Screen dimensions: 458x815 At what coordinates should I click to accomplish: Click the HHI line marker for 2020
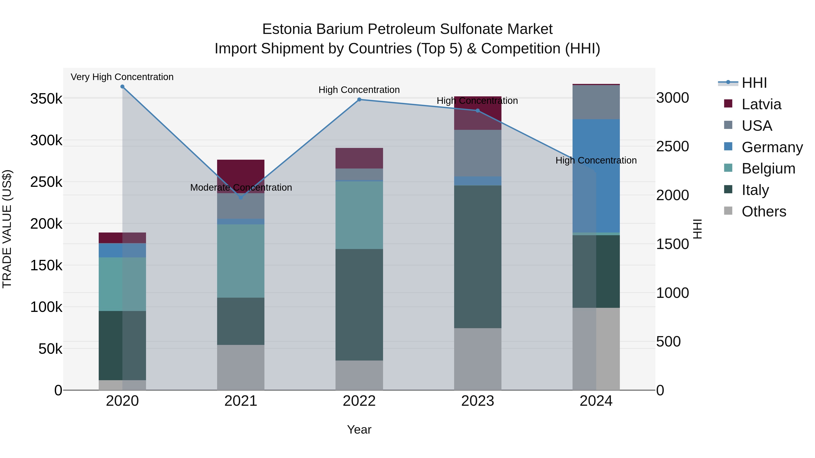(122, 87)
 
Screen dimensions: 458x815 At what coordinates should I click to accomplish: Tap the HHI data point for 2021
(241, 197)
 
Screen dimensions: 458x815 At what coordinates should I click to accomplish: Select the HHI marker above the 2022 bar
(359, 100)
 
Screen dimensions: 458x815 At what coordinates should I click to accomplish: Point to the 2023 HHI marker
(478, 111)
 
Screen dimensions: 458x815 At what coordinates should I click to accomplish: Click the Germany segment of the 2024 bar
(596, 176)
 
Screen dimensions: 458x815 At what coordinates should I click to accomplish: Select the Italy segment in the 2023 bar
(478, 257)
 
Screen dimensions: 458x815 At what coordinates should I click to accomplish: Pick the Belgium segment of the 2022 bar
(359, 215)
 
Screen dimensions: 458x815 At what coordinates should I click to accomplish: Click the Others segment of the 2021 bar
(241, 367)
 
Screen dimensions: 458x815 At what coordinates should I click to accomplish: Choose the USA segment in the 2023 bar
(478, 153)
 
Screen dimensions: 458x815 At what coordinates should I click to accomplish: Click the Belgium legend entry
(768, 168)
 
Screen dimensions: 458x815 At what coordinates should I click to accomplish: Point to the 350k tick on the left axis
(46, 99)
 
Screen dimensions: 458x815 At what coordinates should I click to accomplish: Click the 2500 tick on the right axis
(673, 146)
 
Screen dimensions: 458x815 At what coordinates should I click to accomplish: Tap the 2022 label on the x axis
(359, 401)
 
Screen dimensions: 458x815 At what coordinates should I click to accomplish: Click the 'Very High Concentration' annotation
(122, 77)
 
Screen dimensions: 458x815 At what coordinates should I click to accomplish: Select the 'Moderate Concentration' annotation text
(241, 187)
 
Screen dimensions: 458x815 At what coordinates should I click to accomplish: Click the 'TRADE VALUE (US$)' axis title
(7, 229)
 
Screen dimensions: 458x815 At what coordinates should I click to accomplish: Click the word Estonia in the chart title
(287, 29)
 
